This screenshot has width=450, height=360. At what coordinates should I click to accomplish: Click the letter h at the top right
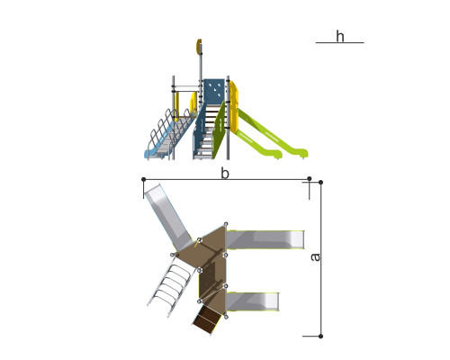coord(340,37)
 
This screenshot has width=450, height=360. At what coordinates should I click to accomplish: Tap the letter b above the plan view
coord(225,174)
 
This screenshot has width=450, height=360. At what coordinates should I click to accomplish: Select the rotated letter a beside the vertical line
coord(315,257)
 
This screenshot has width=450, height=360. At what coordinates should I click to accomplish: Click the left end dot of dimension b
coord(143,179)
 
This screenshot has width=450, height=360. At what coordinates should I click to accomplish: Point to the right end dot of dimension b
coord(310,179)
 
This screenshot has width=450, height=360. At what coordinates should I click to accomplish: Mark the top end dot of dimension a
coord(320,183)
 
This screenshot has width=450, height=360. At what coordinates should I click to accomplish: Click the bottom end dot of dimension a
coord(320,337)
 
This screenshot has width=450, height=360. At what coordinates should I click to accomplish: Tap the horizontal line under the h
coord(339,43)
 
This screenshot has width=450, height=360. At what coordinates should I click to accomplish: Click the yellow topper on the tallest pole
coord(199,47)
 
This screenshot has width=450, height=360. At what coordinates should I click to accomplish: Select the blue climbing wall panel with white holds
coord(214,90)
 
